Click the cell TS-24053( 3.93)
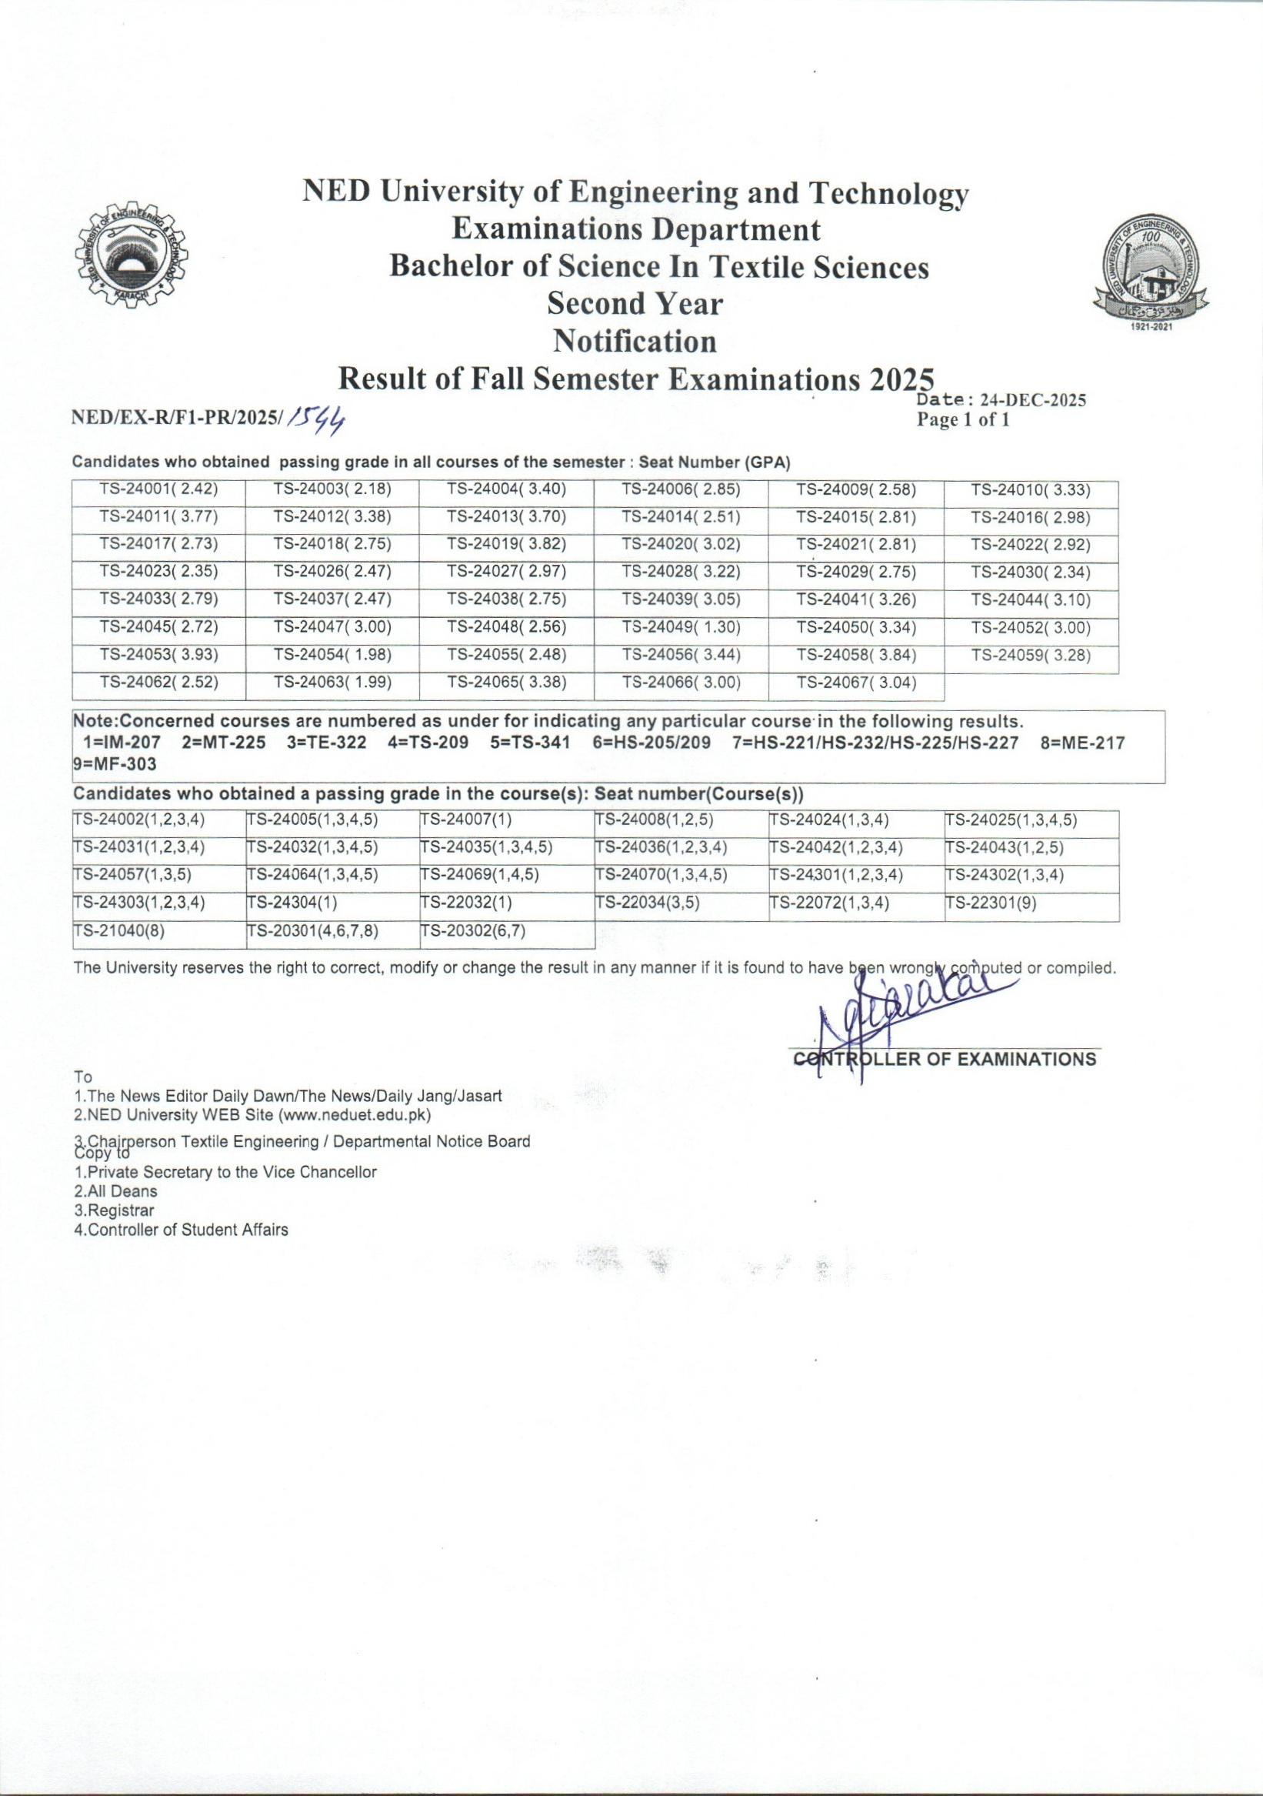[158, 655]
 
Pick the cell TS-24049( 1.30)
[681, 627]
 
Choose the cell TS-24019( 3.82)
[506, 545]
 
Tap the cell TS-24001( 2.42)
[158, 489]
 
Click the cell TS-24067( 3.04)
[856, 682]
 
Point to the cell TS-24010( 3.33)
[1031, 489]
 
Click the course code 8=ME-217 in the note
[1082, 743]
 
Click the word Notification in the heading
[635, 341]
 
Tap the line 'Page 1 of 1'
[963, 420]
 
